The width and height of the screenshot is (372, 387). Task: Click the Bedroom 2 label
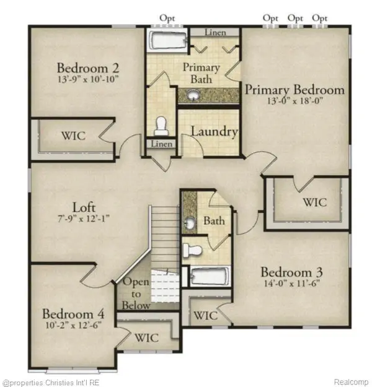(88, 67)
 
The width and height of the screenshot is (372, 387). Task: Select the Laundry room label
(215, 132)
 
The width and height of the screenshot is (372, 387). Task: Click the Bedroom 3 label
(291, 272)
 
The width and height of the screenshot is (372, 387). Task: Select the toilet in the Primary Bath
(161, 126)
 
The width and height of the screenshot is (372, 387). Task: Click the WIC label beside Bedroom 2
(73, 136)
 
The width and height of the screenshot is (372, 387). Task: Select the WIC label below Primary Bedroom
(313, 202)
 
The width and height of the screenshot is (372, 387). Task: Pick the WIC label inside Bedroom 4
(146, 338)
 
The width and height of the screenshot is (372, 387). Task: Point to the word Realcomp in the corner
(350, 381)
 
